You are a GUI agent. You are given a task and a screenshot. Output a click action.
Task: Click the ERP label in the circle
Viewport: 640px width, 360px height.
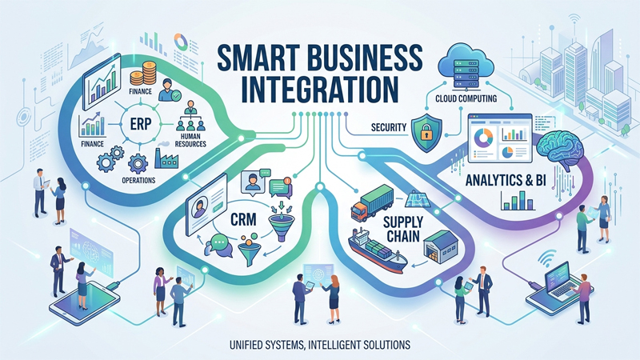pos(141,124)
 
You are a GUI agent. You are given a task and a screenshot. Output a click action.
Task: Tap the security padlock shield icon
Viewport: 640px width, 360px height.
pos(426,133)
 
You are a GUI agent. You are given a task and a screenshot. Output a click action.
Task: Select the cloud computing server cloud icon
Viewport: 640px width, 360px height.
pos(466,67)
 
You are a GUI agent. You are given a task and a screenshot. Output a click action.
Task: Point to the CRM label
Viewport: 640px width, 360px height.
pos(243,219)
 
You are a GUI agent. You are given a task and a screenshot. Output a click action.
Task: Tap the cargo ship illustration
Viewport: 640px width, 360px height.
pos(376,250)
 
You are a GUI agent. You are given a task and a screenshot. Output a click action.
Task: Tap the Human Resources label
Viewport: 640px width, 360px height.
pos(190,141)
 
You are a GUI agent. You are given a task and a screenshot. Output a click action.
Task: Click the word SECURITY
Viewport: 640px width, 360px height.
pos(389,127)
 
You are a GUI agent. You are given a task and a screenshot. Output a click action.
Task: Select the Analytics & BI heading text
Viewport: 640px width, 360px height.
pos(506,180)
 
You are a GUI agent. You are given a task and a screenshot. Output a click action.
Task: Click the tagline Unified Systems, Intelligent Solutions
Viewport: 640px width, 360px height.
pos(320,345)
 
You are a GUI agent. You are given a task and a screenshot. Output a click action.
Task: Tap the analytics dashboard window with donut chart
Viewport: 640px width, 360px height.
pos(500,138)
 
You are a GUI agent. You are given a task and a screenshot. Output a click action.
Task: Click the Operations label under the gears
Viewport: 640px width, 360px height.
pos(138,180)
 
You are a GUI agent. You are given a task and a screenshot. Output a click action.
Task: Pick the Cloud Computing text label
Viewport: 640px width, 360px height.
pos(466,98)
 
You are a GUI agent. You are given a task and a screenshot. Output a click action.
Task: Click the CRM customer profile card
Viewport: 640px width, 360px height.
pos(206,204)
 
